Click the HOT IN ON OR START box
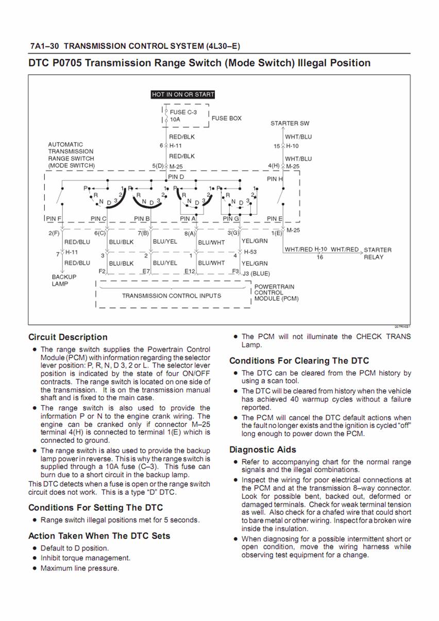(x=183, y=95)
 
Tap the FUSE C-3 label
(x=183, y=112)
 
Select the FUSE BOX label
(x=226, y=118)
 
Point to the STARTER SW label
(x=290, y=124)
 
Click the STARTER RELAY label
(x=377, y=253)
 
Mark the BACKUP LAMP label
(x=63, y=280)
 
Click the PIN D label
(x=176, y=177)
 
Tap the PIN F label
(x=54, y=218)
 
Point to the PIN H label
(x=275, y=179)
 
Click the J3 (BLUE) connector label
(x=256, y=273)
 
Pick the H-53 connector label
(x=250, y=252)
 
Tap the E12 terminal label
(x=190, y=271)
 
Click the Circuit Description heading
(x=68, y=337)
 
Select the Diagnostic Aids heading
(x=263, y=450)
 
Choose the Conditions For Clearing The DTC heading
(x=299, y=360)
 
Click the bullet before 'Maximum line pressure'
(x=35, y=568)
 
